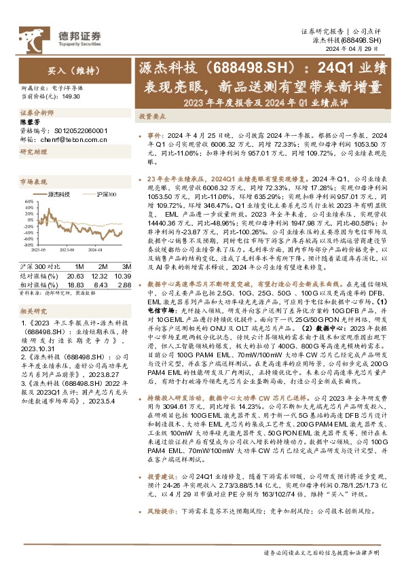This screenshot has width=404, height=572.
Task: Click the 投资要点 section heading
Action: [153, 116]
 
